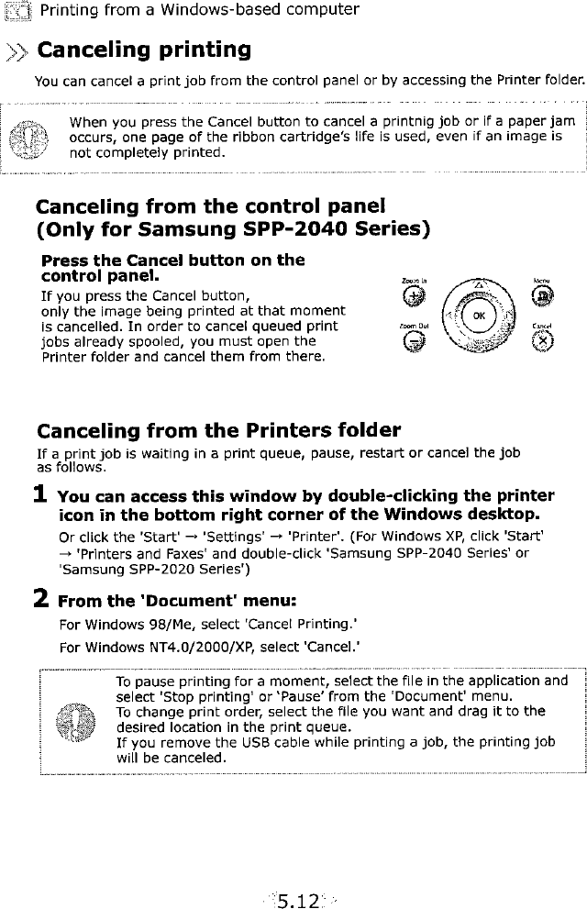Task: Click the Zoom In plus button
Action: click(414, 296)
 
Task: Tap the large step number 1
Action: click(41, 493)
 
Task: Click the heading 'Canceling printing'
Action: click(142, 49)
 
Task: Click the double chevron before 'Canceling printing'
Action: click(18, 50)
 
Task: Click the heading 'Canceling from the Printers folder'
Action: click(218, 431)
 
